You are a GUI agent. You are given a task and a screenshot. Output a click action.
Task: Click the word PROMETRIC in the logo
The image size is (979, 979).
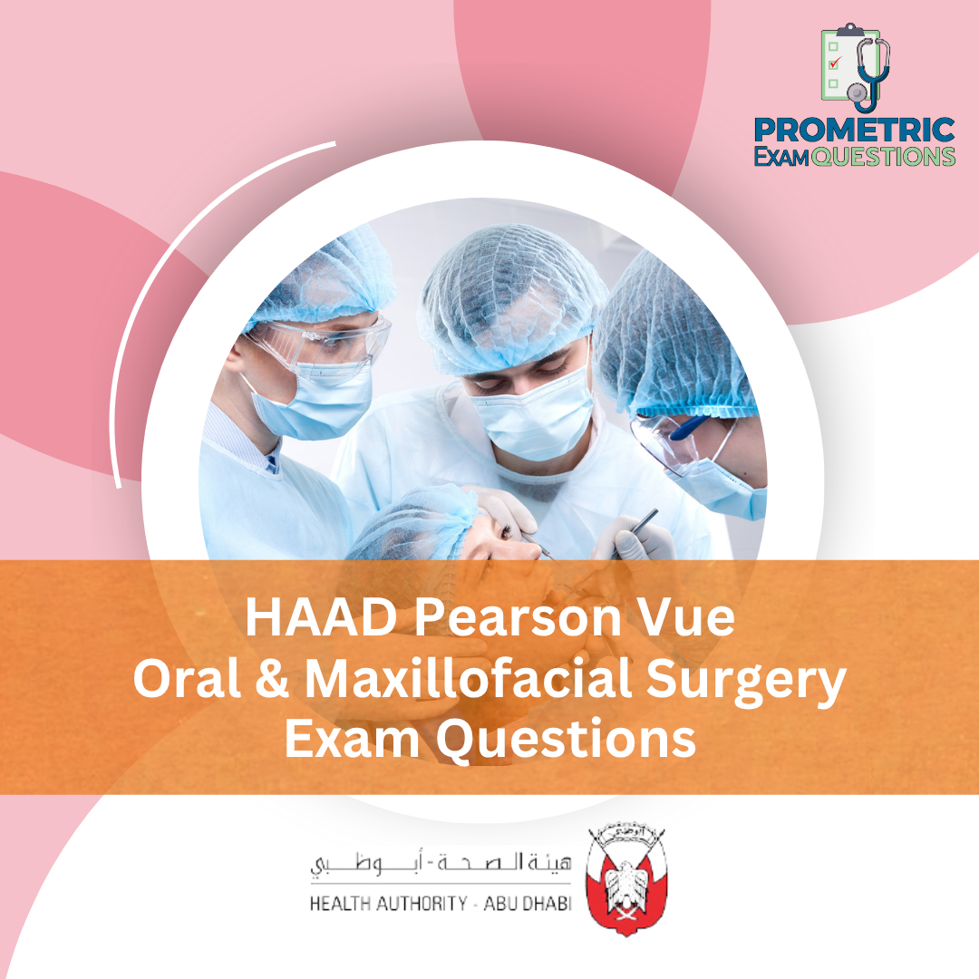(854, 131)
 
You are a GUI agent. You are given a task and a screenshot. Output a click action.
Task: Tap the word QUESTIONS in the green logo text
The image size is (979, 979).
(883, 157)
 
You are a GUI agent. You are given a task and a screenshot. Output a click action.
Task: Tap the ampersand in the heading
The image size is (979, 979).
(272, 679)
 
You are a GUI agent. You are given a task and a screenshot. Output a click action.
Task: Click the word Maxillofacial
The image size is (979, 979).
(468, 679)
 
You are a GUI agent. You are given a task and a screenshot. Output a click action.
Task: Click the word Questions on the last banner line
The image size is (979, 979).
(566, 742)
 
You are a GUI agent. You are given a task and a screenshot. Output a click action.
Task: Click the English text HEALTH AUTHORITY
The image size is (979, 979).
(388, 904)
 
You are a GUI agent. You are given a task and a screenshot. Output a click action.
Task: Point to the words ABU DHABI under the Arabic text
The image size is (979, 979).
(527, 904)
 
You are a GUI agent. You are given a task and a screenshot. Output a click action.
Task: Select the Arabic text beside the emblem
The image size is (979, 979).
(441, 864)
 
